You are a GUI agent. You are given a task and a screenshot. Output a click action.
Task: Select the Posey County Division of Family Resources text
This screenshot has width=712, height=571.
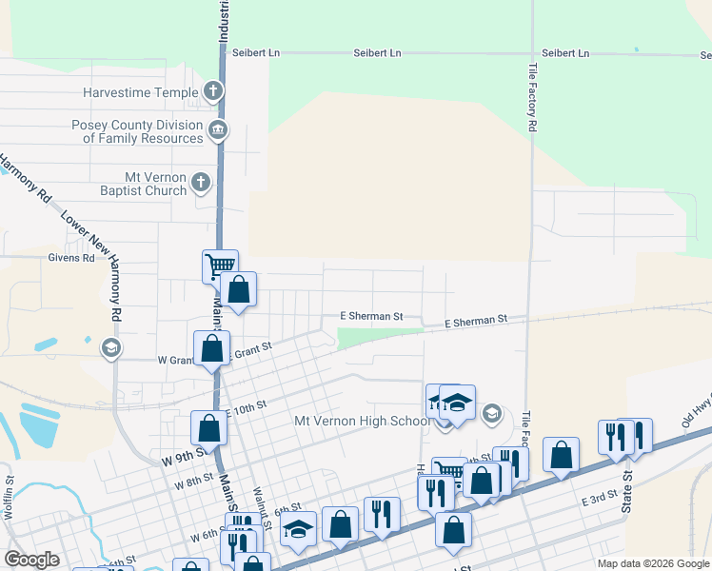pyautogui.click(x=138, y=131)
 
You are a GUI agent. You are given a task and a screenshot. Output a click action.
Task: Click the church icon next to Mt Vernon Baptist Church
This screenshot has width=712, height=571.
pyautogui.click(x=200, y=181)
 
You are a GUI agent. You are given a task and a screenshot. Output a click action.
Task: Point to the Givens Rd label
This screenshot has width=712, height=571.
pyautogui.click(x=71, y=257)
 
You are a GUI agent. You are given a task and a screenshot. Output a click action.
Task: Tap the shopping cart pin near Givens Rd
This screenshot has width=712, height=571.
pyautogui.click(x=220, y=266)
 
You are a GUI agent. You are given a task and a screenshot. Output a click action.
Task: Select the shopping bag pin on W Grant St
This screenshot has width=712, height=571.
pyautogui.click(x=212, y=348)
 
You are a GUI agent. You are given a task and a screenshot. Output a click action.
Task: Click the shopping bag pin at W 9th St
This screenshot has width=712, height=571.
pyautogui.click(x=208, y=428)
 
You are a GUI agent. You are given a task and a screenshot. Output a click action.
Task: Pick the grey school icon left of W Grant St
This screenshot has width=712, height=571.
pyautogui.click(x=111, y=348)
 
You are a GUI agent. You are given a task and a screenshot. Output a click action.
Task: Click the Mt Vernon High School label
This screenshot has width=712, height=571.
pyautogui.click(x=362, y=422)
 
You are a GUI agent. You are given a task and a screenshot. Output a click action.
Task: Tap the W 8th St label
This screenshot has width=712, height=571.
pyautogui.click(x=193, y=482)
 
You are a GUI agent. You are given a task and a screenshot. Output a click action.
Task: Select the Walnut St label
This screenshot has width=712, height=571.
pyautogui.click(x=262, y=505)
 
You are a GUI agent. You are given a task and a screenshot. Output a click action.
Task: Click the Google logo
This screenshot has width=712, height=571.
pyautogui.click(x=31, y=559)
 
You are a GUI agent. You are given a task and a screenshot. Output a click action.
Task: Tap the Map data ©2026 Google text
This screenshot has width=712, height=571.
pyautogui.click(x=653, y=563)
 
